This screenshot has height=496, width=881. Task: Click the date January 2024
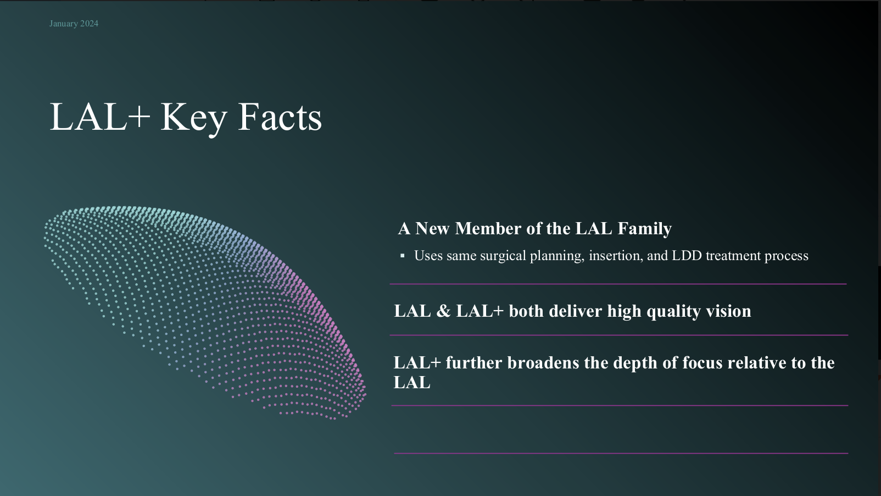point(74,24)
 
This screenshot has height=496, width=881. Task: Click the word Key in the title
point(194,118)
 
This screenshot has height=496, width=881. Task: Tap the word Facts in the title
point(280,117)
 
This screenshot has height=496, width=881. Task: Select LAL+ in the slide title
point(100,117)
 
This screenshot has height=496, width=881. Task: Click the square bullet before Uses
point(403,256)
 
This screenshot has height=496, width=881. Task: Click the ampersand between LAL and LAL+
point(443,311)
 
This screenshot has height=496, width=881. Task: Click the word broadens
point(543,362)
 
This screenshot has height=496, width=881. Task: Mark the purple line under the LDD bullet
point(618,284)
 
